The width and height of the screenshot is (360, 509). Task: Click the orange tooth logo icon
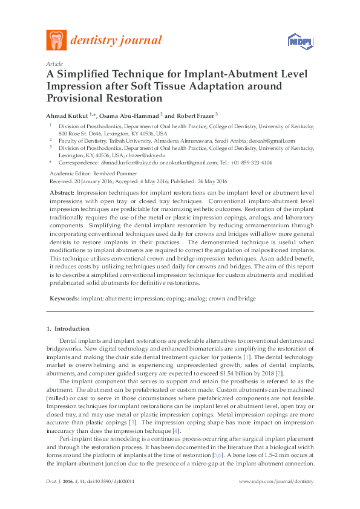[57, 40]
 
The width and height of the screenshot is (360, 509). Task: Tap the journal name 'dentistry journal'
[116, 41]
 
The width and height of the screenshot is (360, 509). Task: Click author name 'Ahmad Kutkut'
[67, 115]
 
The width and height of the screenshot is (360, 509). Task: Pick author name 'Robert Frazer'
[195, 115]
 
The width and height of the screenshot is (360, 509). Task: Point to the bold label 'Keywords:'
[64, 299]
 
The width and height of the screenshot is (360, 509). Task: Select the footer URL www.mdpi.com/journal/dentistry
[277, 498]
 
